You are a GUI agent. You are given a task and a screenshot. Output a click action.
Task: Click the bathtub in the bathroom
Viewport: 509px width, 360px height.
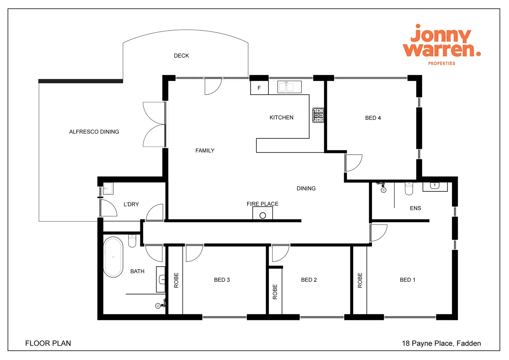pos(113,257)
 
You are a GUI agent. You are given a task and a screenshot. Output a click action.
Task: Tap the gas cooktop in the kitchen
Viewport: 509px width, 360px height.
pos(318,115)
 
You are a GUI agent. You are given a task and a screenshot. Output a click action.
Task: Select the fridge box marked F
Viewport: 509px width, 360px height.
pos(259,88)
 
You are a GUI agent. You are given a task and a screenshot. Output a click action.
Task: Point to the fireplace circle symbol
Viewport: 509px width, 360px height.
pos(262,215)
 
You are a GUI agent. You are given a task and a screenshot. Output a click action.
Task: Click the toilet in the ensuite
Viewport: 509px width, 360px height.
pos(409,189)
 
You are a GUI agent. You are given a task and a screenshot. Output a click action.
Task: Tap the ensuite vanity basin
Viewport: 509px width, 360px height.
pos(435,186)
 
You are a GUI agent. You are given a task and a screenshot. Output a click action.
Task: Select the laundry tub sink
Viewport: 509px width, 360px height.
pos(108,188)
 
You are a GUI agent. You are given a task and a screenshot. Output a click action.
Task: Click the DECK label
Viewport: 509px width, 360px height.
pos(181,56)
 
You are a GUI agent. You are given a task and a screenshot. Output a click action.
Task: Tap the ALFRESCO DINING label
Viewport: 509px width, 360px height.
pos(94,132)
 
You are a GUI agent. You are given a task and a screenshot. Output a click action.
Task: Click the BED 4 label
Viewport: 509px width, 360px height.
pos(373,118)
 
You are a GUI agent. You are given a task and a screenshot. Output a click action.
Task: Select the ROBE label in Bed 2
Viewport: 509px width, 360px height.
pos(275,292)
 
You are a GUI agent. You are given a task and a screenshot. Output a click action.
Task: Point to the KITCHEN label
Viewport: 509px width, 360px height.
pos(281,117)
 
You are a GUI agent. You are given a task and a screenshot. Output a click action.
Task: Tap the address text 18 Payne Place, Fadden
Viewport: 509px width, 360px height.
pos(441,343)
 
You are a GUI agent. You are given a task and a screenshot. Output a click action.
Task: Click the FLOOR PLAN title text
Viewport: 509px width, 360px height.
pos(48,343)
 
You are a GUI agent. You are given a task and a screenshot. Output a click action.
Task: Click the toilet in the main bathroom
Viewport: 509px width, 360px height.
pos(132,241)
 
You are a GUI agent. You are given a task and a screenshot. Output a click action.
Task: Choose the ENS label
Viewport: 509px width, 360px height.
pos(415,208)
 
